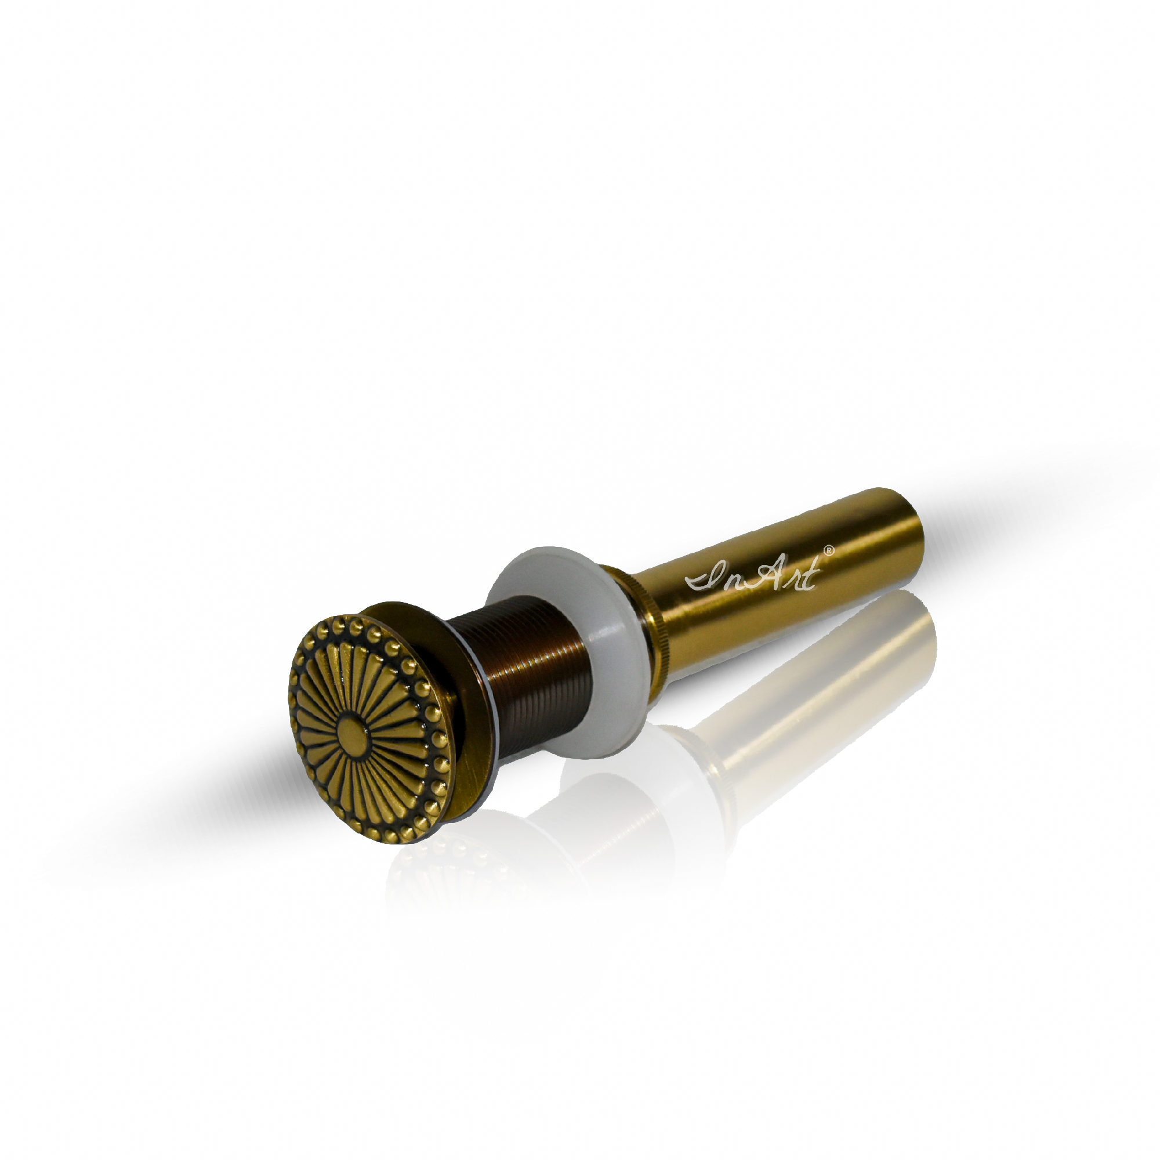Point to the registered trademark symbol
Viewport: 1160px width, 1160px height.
pos(829,550)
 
